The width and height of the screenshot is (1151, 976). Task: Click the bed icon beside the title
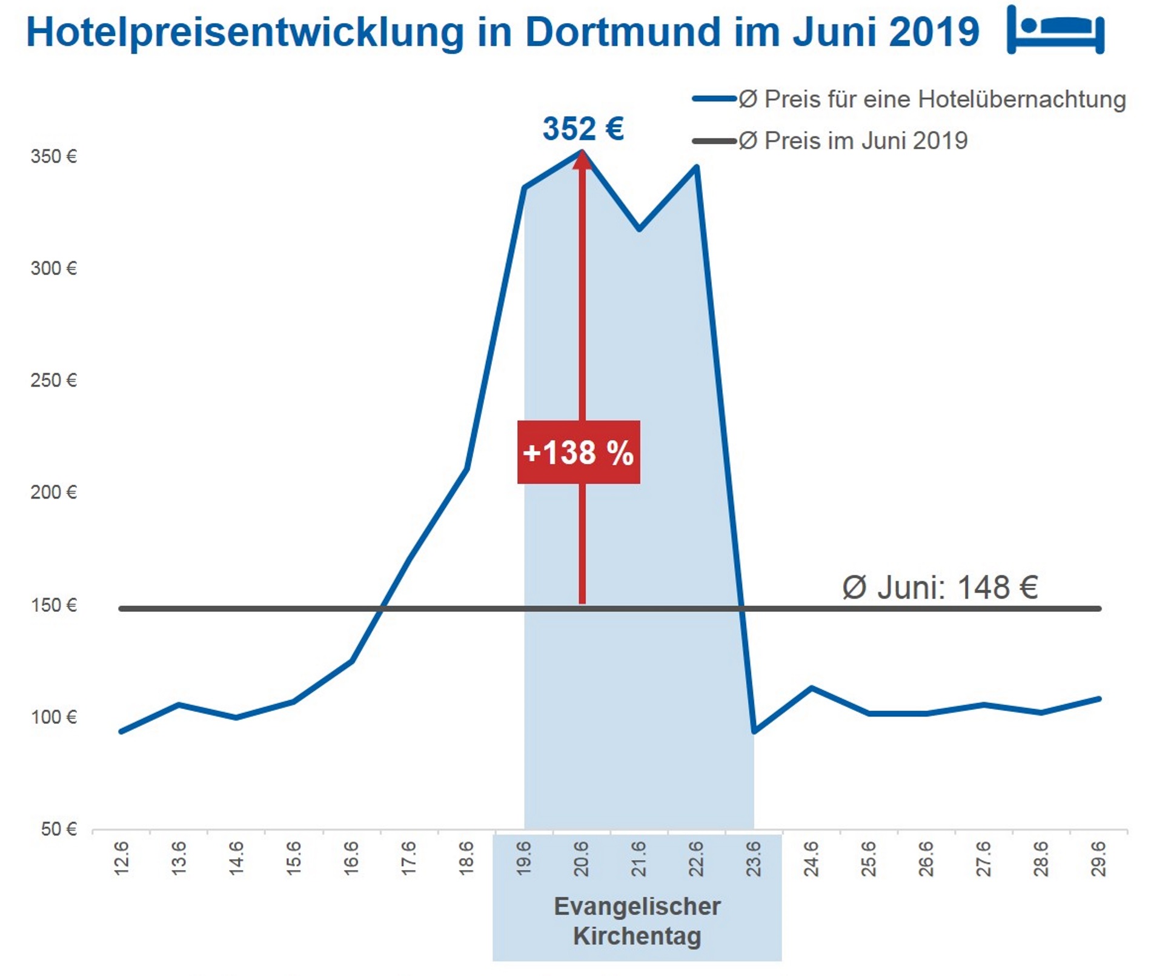1055,30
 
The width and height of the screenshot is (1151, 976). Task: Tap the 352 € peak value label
582,128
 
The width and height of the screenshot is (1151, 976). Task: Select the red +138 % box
579,452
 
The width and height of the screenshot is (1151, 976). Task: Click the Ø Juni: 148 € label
940,587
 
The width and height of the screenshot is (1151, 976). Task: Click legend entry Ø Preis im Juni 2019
853,141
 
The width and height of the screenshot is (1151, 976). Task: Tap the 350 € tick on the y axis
54,157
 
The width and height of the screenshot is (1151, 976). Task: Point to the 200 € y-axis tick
54,493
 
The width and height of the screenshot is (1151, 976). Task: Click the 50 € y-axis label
59,829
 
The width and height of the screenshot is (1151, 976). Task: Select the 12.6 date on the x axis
122,858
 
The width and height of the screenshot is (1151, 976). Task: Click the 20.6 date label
582,858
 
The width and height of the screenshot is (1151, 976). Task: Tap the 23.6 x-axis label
754,858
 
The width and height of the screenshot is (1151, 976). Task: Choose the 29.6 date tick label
1098,858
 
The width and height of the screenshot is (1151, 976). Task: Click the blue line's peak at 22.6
697,167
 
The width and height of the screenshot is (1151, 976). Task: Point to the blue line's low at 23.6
754,732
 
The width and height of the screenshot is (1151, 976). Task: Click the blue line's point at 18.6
466,468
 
